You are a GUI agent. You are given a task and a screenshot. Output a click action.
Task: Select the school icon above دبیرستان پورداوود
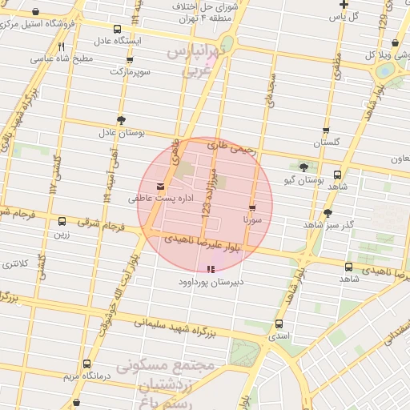click(x=211, y=270)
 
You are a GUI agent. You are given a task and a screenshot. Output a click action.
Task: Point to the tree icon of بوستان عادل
click(x=121, y=120)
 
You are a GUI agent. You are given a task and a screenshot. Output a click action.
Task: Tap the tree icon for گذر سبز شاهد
click(x=328, y=213)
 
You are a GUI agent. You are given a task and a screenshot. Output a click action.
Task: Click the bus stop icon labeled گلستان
click(x=325, y=130)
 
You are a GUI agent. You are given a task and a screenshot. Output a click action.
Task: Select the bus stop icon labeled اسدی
click(x=279, y=324)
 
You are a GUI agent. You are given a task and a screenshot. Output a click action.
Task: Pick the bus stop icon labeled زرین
click(x=62, y=222)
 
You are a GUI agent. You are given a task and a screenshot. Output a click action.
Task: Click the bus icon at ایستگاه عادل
click(x=118, y=29)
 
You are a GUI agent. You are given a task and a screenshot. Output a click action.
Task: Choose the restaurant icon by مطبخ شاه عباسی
click(x=62, y=46)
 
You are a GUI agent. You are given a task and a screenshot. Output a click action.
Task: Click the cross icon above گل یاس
click(x=344, y=4)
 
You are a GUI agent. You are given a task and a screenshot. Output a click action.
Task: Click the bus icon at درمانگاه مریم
click(x=77, y=403)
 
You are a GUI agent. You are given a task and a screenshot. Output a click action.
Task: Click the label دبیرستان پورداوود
click(x=211, y=283)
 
